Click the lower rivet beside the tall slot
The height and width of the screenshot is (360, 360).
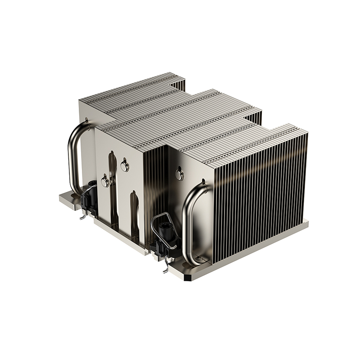click(x=104, y=181)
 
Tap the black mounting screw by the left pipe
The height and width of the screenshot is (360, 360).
click(x=90, y=198)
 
